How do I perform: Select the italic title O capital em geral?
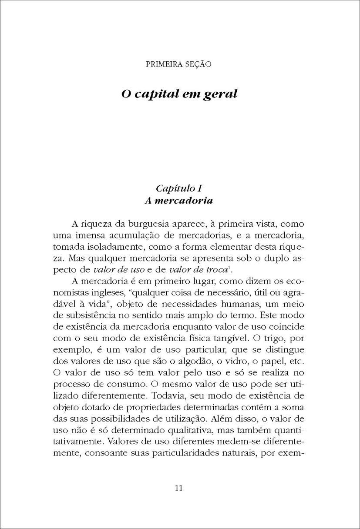point(179,94)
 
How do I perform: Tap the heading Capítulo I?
point(179,188)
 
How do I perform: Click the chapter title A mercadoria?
point(179,201)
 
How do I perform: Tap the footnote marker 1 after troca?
point(237,267)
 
